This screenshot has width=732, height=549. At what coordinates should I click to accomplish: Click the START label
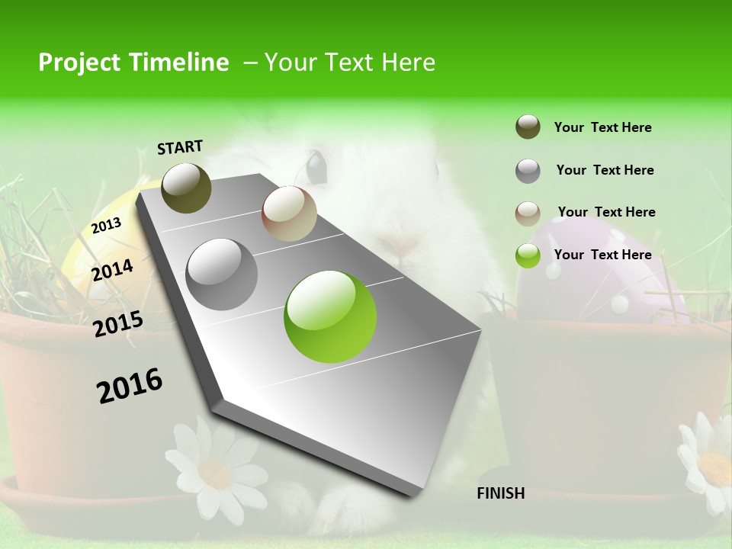tap(180, 147)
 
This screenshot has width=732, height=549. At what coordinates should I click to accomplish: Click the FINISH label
tap(501, 493)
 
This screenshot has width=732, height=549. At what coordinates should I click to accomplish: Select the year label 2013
tap(106, 226)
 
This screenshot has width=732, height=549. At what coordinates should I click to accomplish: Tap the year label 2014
tap(112, 270)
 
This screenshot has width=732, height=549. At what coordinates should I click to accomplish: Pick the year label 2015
tap(117, 324)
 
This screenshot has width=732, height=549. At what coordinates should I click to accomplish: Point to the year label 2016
tap(130, 386)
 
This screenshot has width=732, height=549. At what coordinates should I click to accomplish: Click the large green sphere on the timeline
tap(330, 316)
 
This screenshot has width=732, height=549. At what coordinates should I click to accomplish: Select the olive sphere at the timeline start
tap(186, 188)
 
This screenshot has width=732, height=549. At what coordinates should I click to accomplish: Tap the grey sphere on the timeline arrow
tap(222, 274)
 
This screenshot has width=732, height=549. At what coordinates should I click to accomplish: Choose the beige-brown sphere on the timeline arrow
tap(289, 213)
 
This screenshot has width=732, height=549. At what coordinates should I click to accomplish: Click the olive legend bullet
tap(528, 127)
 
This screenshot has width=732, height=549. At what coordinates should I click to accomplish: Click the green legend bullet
tap(528, 255)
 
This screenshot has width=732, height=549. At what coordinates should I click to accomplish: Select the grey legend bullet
tap(528, 171)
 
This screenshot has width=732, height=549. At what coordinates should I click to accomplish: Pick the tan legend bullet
tap(528, 213)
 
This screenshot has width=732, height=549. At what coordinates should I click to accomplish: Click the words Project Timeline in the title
tap(133, 63)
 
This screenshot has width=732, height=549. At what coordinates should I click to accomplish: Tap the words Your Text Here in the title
tap(349, 63)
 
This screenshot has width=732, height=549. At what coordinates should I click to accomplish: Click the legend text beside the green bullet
tap(602, 255)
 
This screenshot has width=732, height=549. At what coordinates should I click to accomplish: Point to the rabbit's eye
tap(316, 163)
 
